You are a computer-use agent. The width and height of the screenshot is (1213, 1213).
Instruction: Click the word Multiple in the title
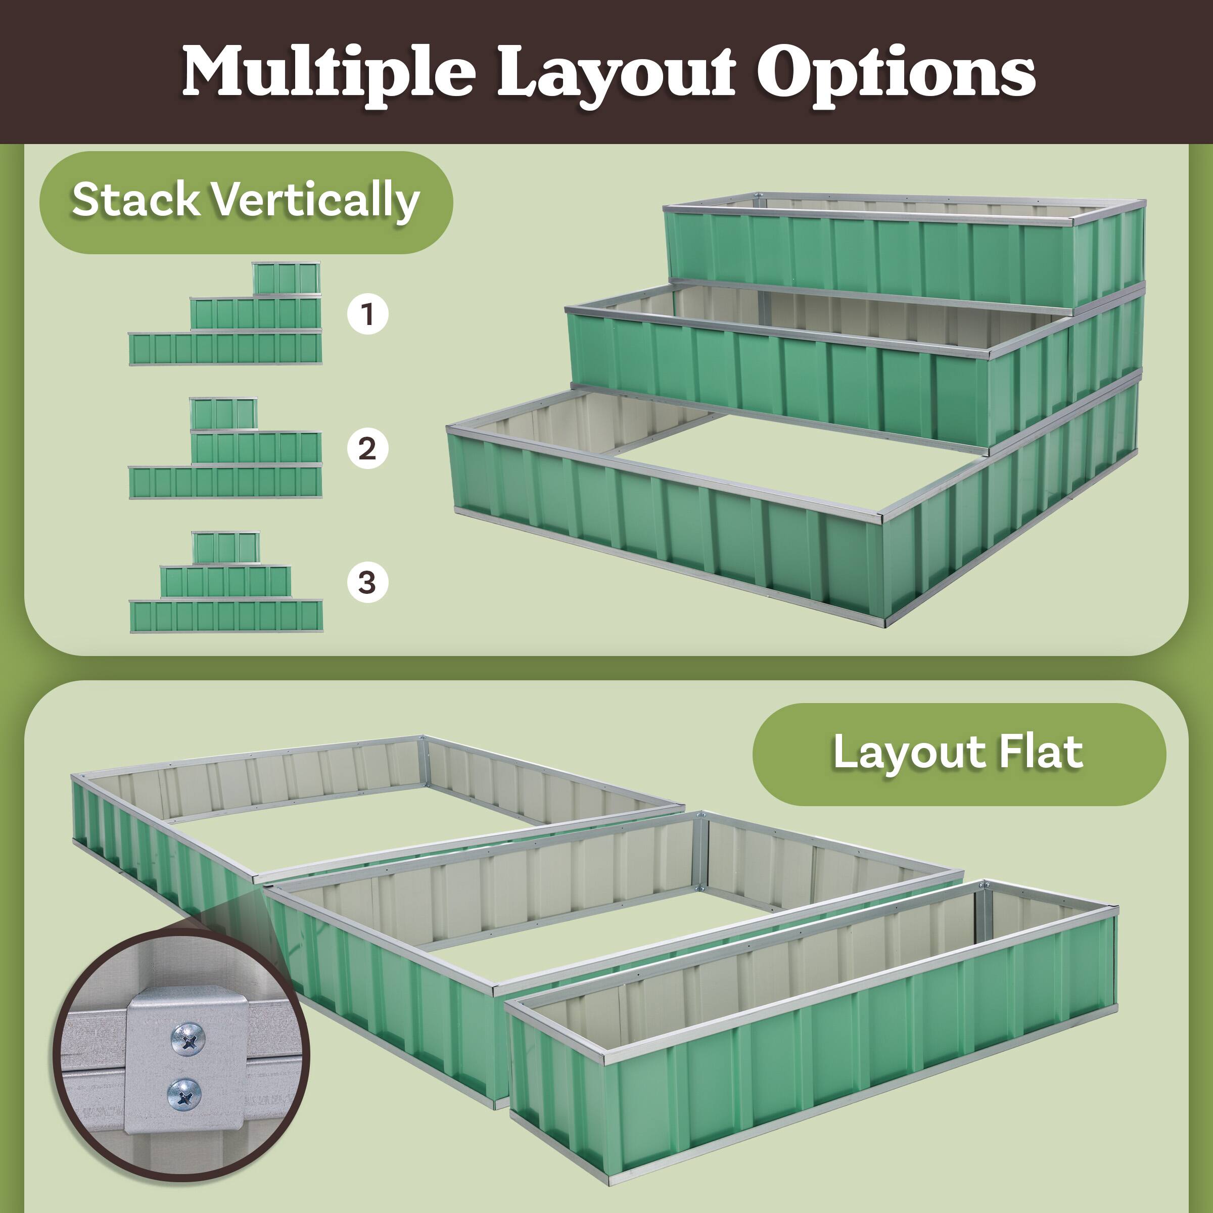click(328, 72)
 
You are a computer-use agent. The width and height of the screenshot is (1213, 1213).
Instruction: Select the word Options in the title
click(896, 72)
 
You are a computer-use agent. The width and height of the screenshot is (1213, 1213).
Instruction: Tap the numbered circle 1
click(367, 313)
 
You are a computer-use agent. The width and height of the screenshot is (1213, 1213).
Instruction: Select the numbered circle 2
click(367, 448)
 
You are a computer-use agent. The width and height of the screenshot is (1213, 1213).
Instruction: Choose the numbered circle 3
click(367, 583)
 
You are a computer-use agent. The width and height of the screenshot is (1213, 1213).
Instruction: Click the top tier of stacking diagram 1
click(286, 277)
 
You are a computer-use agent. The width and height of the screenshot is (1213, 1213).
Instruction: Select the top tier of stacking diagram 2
click(223, 413)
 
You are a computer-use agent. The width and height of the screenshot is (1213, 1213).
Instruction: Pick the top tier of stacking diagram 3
click(225, 547)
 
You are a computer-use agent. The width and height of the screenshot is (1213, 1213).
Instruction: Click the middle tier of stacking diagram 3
click(225, 581)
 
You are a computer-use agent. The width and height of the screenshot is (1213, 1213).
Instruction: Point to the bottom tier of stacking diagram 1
click(225, 348)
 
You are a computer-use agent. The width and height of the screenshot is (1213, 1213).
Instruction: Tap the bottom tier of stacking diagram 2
click(225, 482)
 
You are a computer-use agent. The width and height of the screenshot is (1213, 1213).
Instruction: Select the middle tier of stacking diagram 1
click(256, 313)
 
